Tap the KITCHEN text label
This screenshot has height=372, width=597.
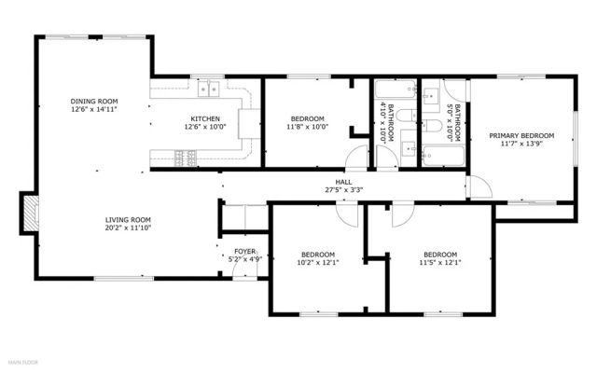[x=205, y=119]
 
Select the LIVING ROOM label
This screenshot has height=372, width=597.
[x=128, y=219]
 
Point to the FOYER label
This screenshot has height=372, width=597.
[x=244, y=251]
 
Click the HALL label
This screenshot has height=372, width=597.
[x=344, y=182]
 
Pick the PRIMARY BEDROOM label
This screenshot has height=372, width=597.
[x=521, y=136]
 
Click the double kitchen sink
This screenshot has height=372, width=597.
[x=209, y=90]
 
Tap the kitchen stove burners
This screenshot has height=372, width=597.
[x=185, y=159]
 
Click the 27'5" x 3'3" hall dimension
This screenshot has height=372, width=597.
[x=344, y=190]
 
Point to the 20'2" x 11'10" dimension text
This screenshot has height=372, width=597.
[x=128, y=227]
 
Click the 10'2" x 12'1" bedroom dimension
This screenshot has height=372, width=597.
[x=318, y=262]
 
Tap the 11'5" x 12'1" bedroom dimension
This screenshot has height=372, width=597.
[x=440, y=262]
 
